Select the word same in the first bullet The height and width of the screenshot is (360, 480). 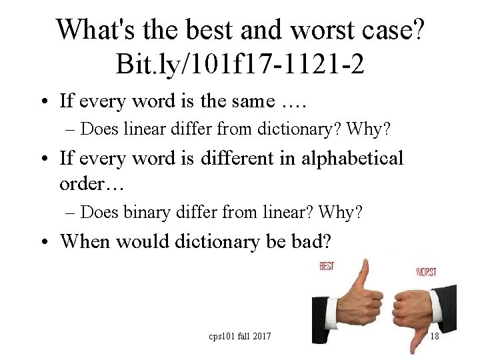coord(250,101)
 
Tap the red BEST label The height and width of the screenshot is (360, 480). coord(327,267)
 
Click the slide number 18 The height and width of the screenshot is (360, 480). coord(434,336)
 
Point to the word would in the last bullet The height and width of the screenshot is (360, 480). coord(143,241)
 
